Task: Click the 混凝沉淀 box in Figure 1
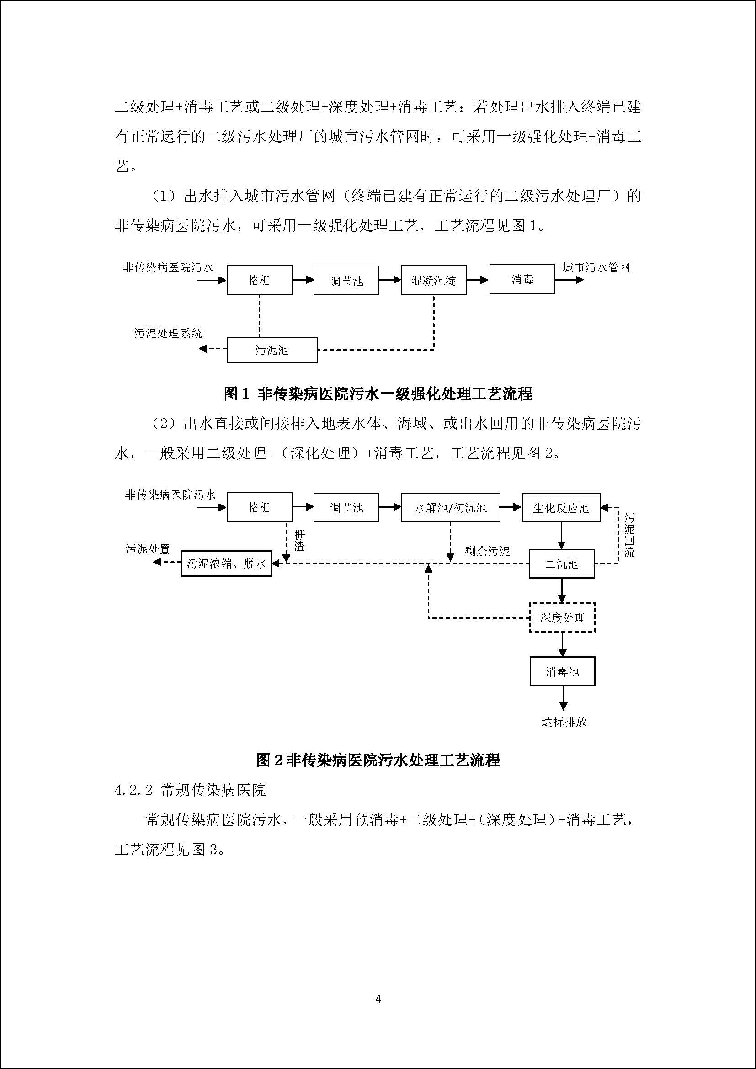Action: coord(433,280)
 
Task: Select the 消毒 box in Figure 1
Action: coord(522,279)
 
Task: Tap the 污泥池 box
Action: coord(272,350)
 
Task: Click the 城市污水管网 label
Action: coord(596,268)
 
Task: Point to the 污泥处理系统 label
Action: coord(168,333)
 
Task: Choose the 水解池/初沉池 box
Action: coord(450,507)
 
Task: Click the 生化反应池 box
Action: coord(561,508)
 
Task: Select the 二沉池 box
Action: coord(561,564)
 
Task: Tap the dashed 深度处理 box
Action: coord(562,618)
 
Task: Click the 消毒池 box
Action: coord(562,671)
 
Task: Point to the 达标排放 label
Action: coord(564,722)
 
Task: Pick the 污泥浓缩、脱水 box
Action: coord(226,564)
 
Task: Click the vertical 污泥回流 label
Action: coord(629,535)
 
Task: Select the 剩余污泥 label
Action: coord(487,551)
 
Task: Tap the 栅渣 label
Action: coord(299,540)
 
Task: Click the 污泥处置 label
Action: coord(148,549)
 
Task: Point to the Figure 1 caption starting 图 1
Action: coord(378,394)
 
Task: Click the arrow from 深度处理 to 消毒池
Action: coord(562,644)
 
